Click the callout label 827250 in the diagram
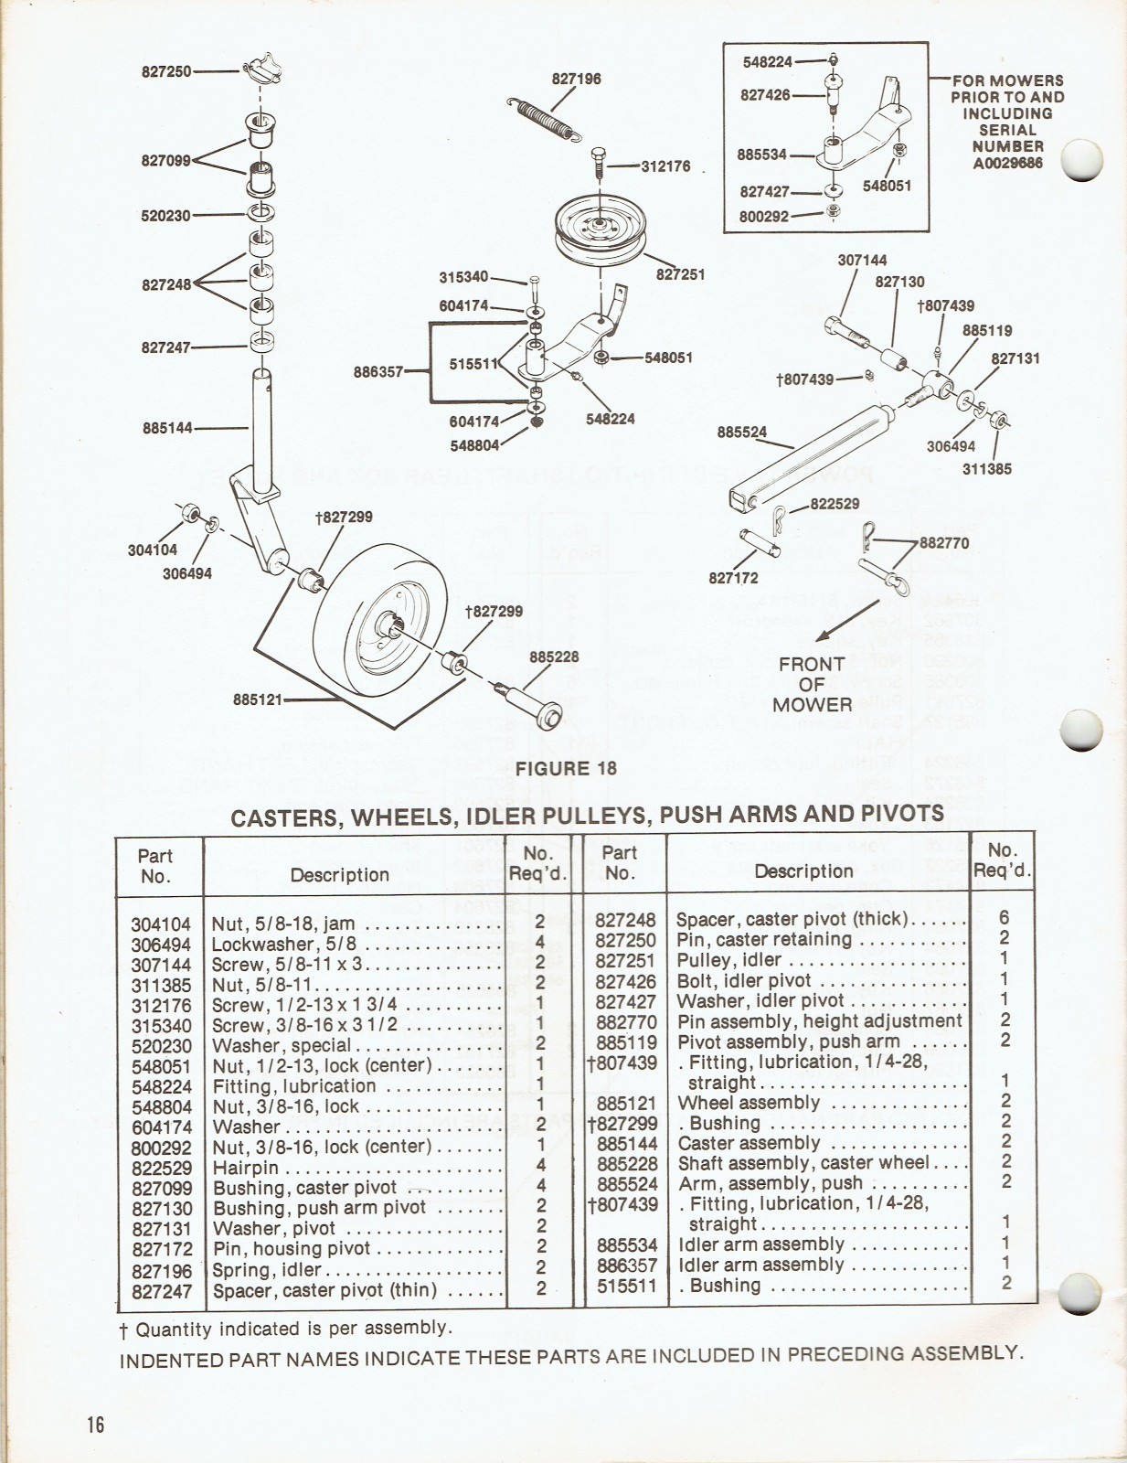pyautogui.click(x=165, y=71)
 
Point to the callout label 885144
pyautogui.click(x=167, y=427)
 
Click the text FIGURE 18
pyautogui.click(x=566, y=769)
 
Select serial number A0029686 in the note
pyautogui.click(x=1007, y=163)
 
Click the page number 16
pyautogui.click(x=96, y=1424)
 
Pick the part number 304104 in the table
pyautogui.click(x=161, y=924)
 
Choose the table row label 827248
pyautogui.click(x=625, y=919)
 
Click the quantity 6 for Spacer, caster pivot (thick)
pyautogui.click(x=1004, y=918)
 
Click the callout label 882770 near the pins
pyautogui.click(x=943, y=542)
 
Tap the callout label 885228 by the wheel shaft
pyautogui.click(x=554, y=657)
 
